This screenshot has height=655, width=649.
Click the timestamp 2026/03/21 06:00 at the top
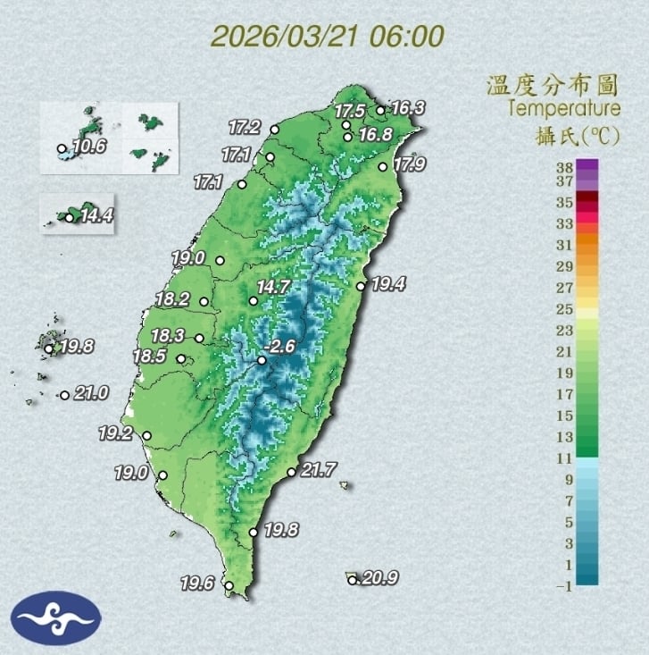[328, 37]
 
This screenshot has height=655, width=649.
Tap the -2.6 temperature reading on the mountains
[284, 347]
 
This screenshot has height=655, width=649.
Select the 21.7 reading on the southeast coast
[318, 468]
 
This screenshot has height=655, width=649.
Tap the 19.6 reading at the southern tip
[198, 584]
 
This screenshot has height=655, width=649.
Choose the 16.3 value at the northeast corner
[408, 108]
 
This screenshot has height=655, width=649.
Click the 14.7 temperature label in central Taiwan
[274, 288]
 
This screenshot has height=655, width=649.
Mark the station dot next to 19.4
[361, 286]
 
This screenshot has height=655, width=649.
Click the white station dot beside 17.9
[383, 166]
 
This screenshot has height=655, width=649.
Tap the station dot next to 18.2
[204, 301]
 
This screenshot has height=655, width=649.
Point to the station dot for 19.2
[147, 436]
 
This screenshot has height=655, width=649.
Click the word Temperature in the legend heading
[563, 109]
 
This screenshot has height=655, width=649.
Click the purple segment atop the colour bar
[587, 165]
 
